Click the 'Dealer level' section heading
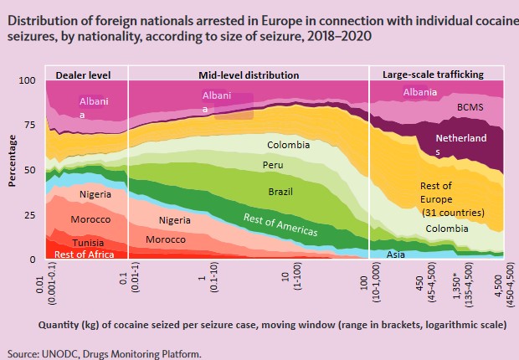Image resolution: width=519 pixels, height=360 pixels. (x=83, y=75)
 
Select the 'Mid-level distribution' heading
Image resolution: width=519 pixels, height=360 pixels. (x=249, y=75)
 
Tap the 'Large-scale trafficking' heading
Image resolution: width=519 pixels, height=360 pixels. (x=433, y=75)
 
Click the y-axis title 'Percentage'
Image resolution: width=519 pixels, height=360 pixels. (x=12, y=161)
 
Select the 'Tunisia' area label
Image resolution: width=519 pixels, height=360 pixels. (x=88, y=243)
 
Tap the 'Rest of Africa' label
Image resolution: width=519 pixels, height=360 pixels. (x=84, y=255)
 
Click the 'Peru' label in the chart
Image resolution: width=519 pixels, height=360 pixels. (x=273, y=165)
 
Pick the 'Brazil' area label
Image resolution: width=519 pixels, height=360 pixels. (x=280, y=192)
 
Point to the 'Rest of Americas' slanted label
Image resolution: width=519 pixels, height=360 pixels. (x=280, y=224)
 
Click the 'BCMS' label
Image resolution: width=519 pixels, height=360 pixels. (x=470, y=107)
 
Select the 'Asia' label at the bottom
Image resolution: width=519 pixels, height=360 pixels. (x=396, y=255)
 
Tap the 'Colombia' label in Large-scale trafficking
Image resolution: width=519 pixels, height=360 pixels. (x=447, y=229)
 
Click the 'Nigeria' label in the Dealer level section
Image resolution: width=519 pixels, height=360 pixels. (x=95, y=194)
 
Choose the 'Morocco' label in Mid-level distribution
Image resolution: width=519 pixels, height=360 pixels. (x=166, y=239)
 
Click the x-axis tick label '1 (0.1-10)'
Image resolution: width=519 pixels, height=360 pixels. (x=209, y=277)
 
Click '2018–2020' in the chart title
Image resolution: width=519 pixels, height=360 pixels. (x=339, y=36)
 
